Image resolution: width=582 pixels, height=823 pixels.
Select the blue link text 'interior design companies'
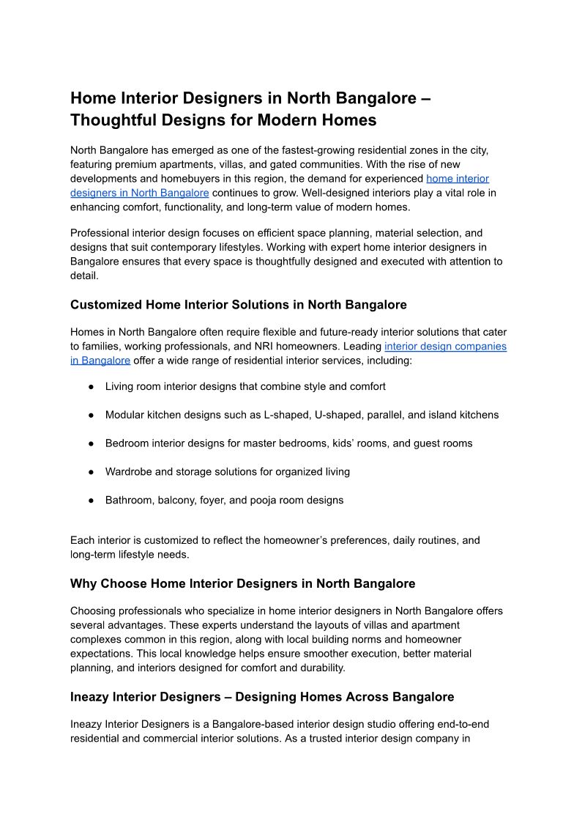pyautogui.click(x=445, y=346)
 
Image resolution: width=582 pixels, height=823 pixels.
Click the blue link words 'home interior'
pyautogui.click(x=458, y=178)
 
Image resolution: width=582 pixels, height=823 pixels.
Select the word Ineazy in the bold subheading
pyautogui.click(x=91, y=696)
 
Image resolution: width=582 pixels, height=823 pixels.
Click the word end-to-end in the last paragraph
pyautogui.click(x=459, y=724)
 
